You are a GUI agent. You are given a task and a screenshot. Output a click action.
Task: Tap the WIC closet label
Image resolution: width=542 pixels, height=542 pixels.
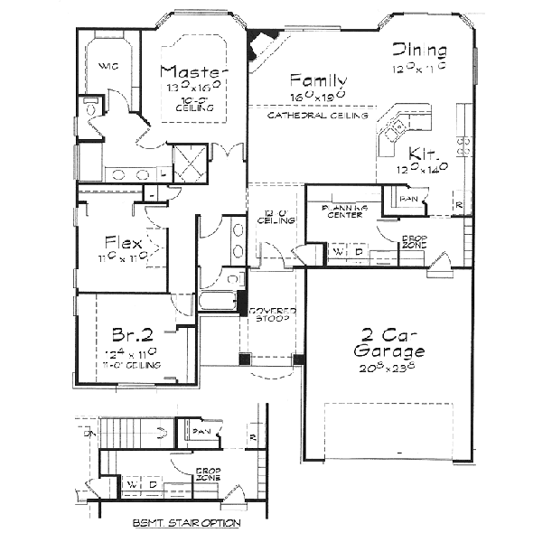coord(107,65)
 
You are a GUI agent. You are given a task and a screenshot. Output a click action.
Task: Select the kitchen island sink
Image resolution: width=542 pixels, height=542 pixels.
coord(395,135)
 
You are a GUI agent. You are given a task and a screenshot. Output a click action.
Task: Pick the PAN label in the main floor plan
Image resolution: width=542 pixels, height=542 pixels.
coord(408,198)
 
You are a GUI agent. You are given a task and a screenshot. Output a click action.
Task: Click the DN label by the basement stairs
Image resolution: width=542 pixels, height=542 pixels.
coord(88,434)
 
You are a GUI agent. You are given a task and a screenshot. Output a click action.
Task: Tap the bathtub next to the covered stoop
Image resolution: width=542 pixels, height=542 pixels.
coord(217,300)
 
